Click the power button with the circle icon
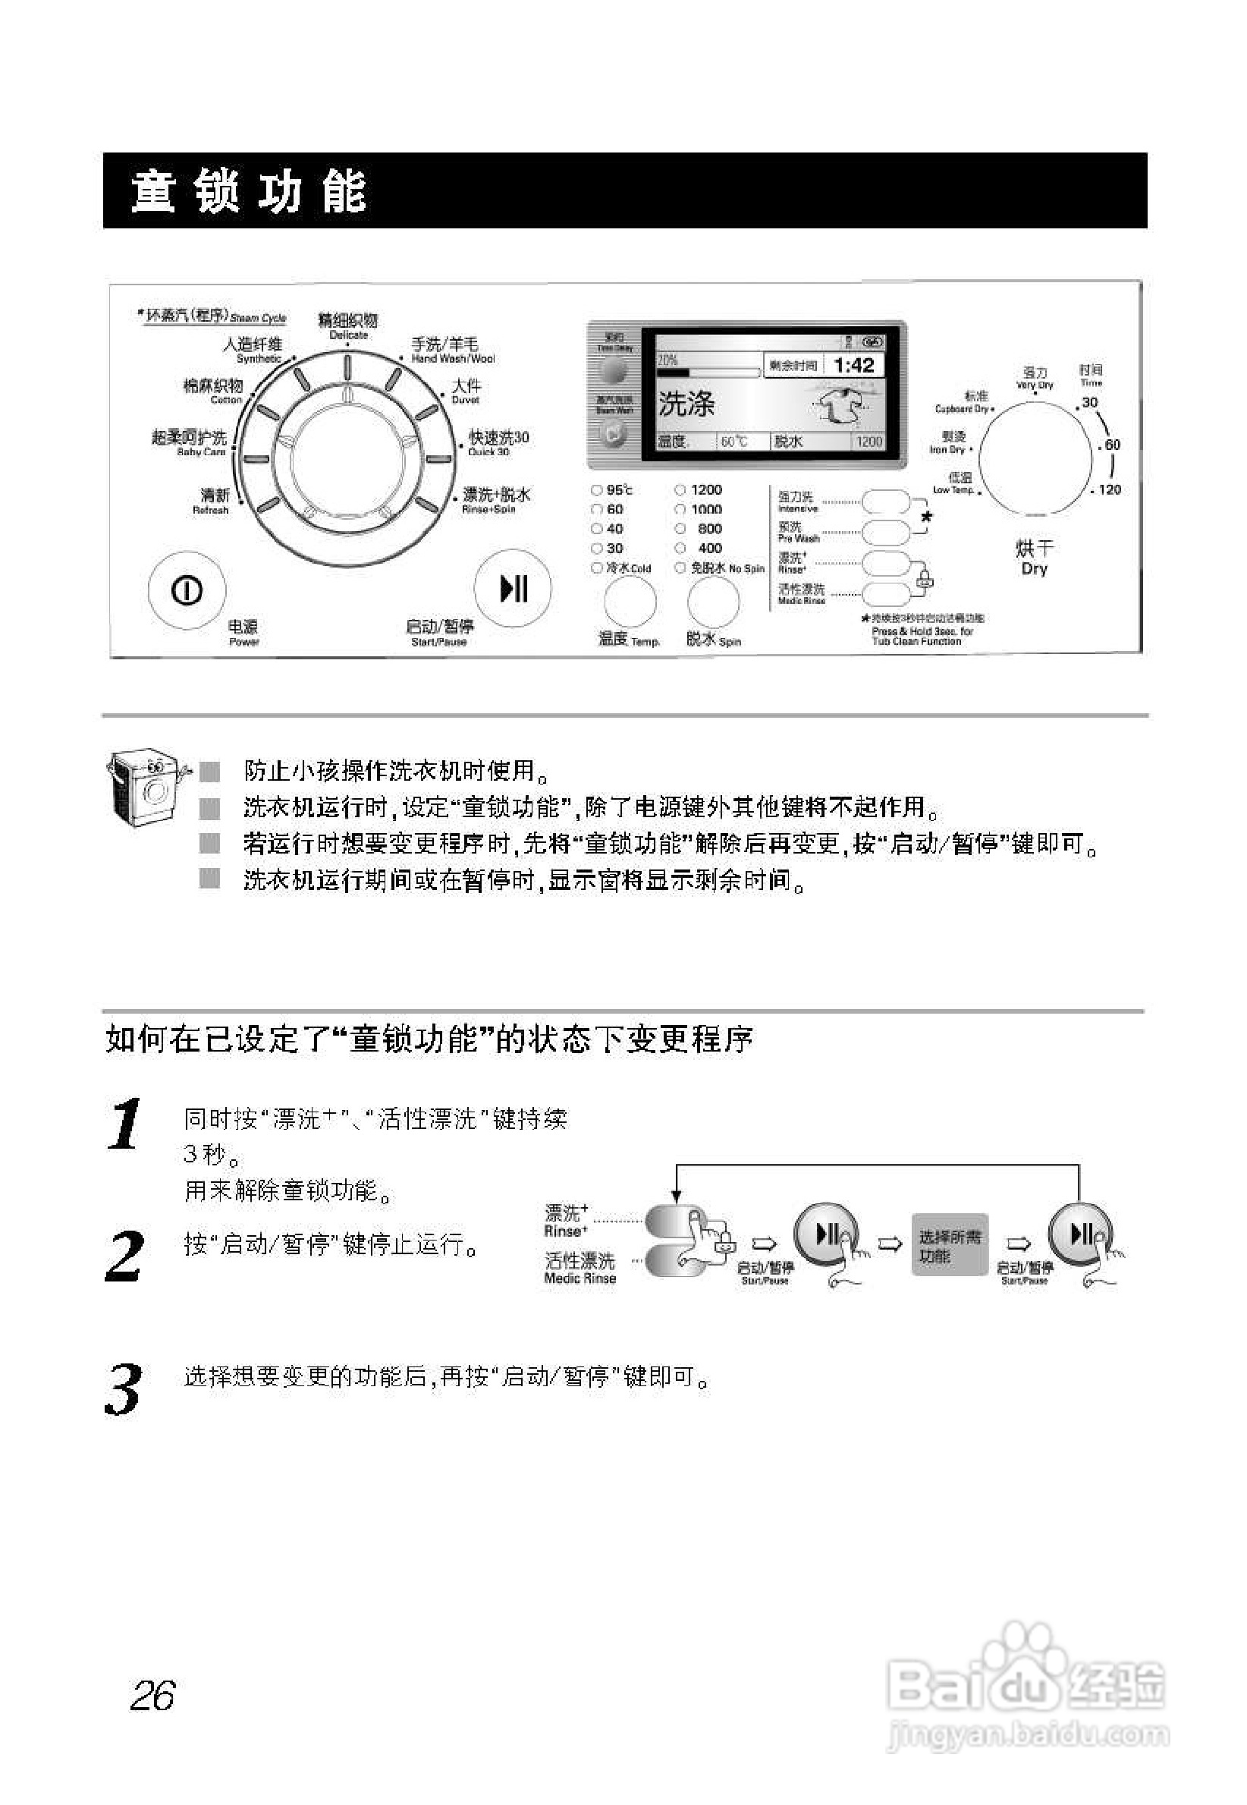[187, 590]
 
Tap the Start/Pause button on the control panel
[514, 588]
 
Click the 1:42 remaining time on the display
[853, 365]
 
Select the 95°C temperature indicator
[597, 490]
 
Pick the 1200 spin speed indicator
[680, 490]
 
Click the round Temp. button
[630, 602]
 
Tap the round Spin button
[713, 602]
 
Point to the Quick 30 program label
[498, 442]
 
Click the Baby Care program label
[190, 442]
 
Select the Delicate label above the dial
[347, 325]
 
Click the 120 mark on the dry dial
[1109, 490]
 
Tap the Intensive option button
[885, 502]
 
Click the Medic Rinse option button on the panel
[885, 594]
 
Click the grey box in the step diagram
[950, 1245]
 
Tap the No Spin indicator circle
[680, 568]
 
